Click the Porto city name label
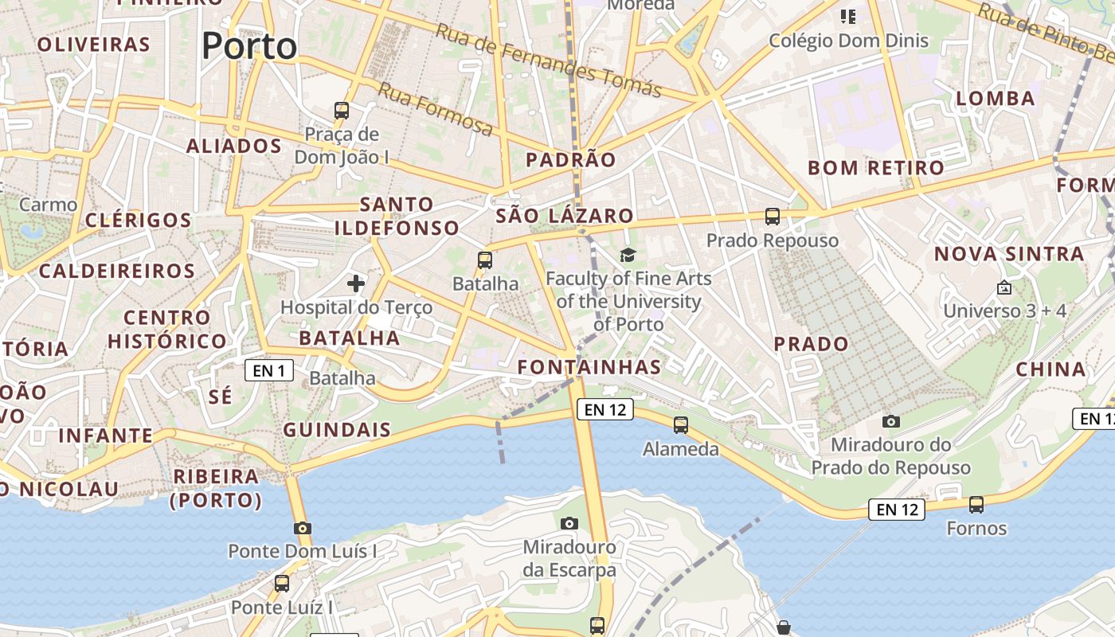249,46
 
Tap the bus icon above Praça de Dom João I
342,111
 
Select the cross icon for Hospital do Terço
356,283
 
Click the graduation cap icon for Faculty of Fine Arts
628,255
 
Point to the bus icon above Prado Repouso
772,216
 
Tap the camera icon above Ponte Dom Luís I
302,528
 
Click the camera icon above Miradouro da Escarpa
569,523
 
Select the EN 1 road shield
269,370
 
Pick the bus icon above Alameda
681,425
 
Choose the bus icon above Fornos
976,504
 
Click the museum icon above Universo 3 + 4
1004,287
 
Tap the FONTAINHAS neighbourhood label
589,367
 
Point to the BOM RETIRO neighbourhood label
876,168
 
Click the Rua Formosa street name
435,109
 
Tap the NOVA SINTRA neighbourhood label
1009,254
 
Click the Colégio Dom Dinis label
848,40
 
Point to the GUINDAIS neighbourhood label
338,431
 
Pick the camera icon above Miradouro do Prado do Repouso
891,421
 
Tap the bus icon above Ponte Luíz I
282,584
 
